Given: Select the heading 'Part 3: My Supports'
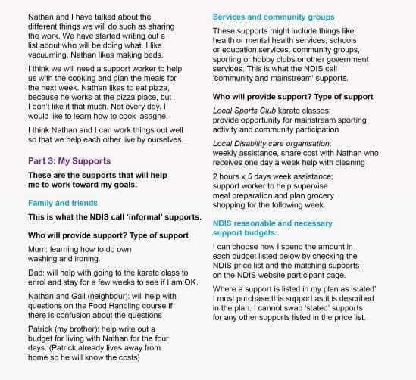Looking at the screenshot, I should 69,161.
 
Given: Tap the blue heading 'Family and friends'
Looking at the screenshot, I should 63,203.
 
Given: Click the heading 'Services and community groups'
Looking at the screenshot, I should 274,17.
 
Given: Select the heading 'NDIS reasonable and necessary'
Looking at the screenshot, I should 272,223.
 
